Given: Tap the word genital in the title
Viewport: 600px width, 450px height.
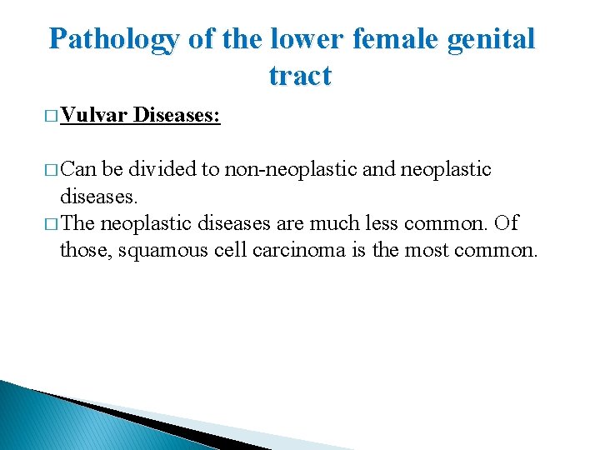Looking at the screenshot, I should [492, 39].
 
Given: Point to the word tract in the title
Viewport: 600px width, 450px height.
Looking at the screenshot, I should [300, 76].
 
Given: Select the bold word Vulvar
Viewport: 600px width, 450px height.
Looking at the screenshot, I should [93, 116].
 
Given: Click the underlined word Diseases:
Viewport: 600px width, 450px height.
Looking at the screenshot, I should [176, 116].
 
